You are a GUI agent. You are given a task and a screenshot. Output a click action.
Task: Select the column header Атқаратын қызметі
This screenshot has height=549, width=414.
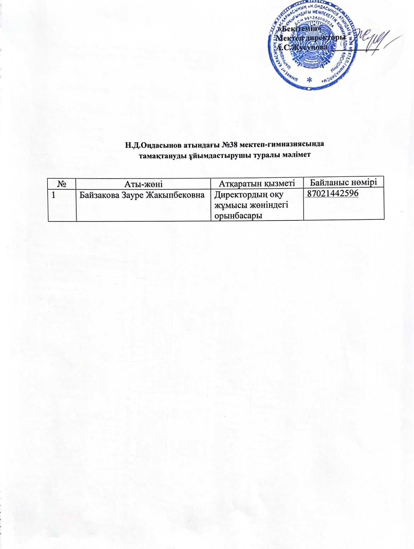(257, 183)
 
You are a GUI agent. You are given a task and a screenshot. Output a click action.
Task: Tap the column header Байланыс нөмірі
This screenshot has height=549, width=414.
(343, 182)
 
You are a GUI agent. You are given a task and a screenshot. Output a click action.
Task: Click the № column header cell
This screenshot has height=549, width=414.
(63, 183)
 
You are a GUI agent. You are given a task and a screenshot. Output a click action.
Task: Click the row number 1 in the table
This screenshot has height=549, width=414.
(53, 194)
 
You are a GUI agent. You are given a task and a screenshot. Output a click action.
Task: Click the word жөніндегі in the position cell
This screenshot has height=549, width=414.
(270, 205)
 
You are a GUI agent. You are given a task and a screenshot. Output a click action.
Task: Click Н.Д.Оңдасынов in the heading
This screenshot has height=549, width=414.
(149, 145)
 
